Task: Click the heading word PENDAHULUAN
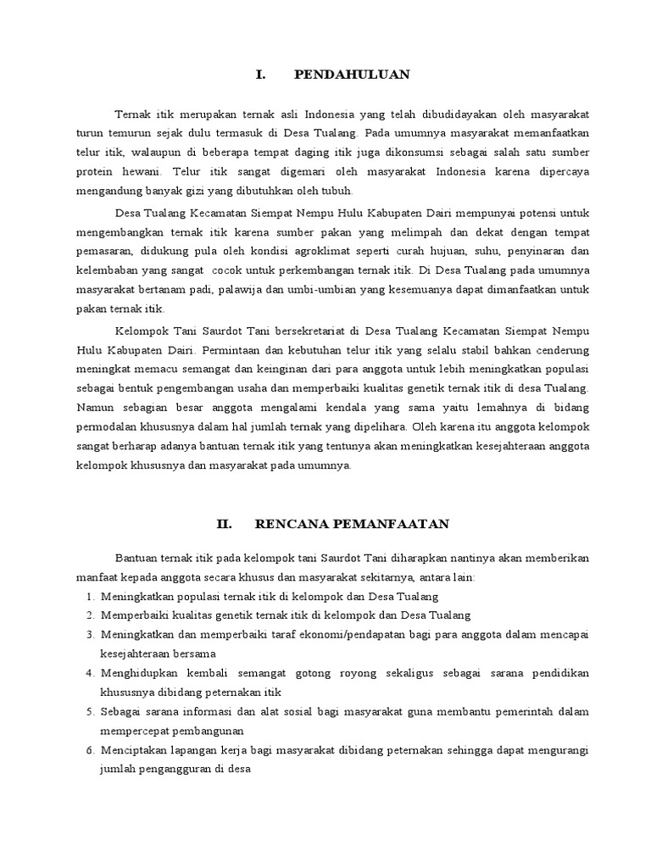[351, 75]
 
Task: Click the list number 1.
[90, 596]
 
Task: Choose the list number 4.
[90, 672]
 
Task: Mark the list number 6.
[90, 750]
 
